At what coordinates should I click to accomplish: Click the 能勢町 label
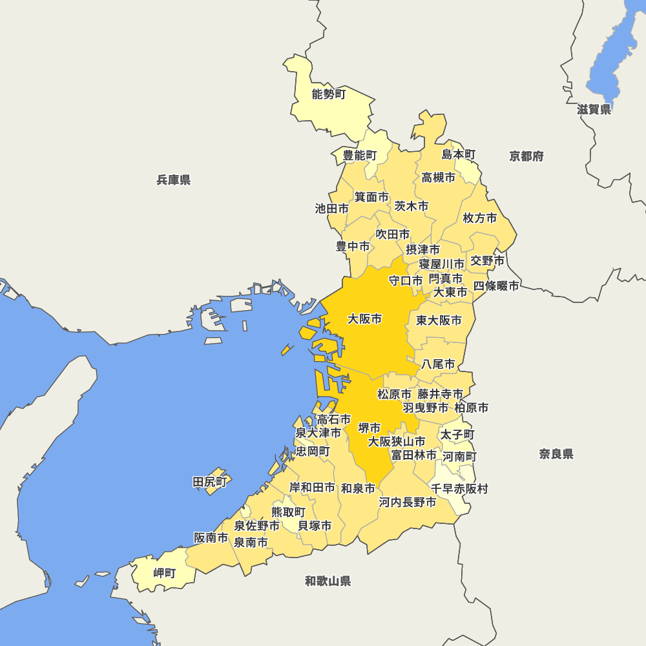pos(329,95)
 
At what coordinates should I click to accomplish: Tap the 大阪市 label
pos(364,319)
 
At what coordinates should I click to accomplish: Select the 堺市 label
pos(370,428)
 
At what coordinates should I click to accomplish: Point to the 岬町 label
pos(164,573)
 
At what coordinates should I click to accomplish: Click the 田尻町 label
pos(211,482)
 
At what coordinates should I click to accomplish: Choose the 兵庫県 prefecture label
pos(174,180)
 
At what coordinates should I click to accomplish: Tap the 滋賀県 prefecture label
pos(594,110)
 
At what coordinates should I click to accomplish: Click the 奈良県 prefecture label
pos(556,454)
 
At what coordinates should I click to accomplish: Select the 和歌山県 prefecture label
pos(328,581)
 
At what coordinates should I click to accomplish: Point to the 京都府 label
pos(526,156)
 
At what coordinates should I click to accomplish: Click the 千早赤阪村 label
pos(459,489)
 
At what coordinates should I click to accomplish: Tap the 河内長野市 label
pos(407,503)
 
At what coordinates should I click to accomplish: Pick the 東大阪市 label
pos(439,320)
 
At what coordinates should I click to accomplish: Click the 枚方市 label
pos(480,218)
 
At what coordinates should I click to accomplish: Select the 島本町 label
pos(459,154)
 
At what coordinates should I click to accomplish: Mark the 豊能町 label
pos(359,155)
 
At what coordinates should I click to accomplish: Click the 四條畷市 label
pos(496,286)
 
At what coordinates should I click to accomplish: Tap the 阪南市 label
pos(211,537)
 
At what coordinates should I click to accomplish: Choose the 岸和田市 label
pos(312,488)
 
